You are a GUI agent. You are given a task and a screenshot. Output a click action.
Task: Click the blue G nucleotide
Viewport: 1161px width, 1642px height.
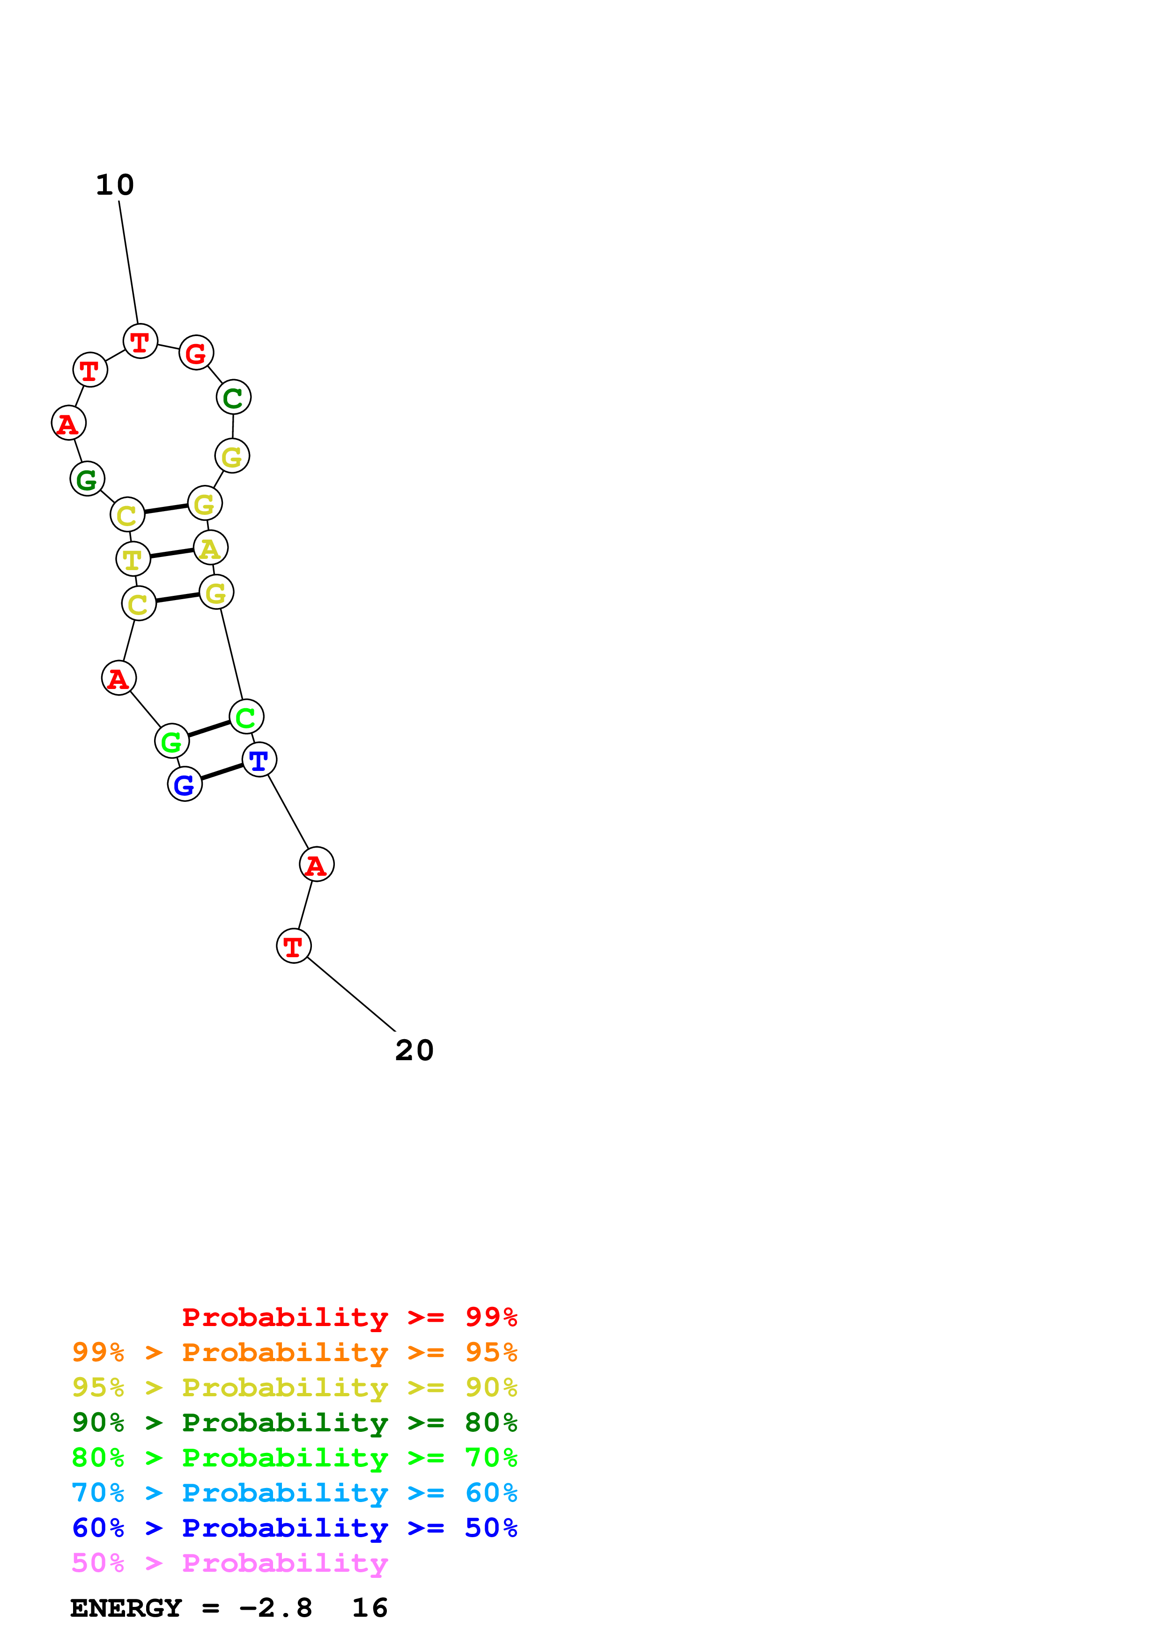[x=185, y=784]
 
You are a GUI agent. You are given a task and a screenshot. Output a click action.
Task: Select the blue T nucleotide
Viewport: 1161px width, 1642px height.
[x=259, y=760]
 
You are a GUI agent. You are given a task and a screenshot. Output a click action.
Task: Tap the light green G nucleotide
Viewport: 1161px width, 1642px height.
[x=172, y=741]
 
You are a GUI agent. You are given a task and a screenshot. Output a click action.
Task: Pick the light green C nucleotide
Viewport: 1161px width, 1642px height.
[x=246, y=717]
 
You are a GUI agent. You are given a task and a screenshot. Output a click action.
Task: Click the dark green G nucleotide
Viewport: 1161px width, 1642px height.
[x=87, y=479]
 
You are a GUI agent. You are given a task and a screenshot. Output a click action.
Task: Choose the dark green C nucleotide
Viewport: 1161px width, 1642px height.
[x=233, y=397]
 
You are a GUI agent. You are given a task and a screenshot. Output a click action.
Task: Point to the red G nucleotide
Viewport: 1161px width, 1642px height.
[x=196, y=352]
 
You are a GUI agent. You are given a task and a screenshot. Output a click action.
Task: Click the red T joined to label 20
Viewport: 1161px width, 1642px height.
[x=293, y=946]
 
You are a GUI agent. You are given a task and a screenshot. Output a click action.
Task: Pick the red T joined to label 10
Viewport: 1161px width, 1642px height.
[x=140, y=341]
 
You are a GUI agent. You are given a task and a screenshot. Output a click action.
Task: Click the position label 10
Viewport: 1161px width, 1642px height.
[x=114, y=185]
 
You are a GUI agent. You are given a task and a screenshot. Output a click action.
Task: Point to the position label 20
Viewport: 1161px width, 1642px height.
[x=414, y=1050]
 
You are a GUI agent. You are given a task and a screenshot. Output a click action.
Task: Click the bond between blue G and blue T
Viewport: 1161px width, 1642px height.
[x=222, y=772]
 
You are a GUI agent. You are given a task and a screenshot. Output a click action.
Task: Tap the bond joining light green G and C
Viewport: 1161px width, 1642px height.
[x=209, y=729]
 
